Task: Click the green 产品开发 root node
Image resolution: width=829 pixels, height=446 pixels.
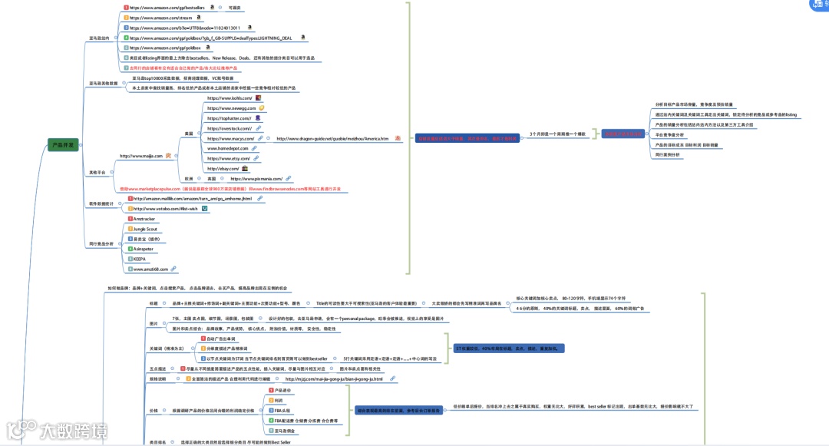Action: point(63,144)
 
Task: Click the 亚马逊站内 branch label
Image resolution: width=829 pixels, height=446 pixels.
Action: point(99,37)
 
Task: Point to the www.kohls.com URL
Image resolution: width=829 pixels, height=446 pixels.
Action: point(229,99)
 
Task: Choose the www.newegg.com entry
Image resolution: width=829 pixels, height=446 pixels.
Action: point(231,108)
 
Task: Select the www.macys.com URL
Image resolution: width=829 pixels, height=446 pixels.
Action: point(230,138)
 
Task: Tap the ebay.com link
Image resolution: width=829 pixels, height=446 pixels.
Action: point(223,168)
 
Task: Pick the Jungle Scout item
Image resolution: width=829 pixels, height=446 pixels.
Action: point(145,229)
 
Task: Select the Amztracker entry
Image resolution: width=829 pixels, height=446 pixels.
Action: point(144,219)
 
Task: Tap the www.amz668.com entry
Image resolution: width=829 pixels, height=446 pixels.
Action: point(150,269)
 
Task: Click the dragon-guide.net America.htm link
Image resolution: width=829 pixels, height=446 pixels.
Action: point(332,138)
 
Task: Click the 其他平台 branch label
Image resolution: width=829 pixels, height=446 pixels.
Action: point(99,173)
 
